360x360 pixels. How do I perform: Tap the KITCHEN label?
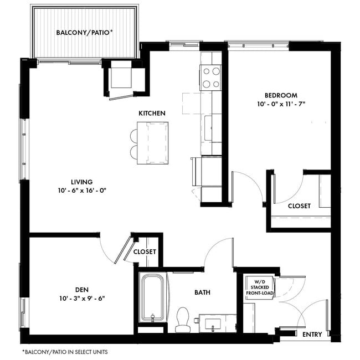152,113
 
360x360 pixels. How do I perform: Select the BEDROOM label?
281,95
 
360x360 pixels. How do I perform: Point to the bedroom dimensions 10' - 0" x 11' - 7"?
281,104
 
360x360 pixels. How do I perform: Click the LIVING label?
81,182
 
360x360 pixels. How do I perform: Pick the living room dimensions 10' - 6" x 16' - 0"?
81,191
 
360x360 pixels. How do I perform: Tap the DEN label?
81,289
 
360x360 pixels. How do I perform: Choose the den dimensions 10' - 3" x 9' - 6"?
81,298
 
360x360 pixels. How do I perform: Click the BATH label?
202,292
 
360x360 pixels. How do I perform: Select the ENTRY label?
312,335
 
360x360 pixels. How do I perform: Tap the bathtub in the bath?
152,298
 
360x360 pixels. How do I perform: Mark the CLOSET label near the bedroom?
299,206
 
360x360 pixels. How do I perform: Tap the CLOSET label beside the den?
145,251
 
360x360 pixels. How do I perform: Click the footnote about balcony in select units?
65,352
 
